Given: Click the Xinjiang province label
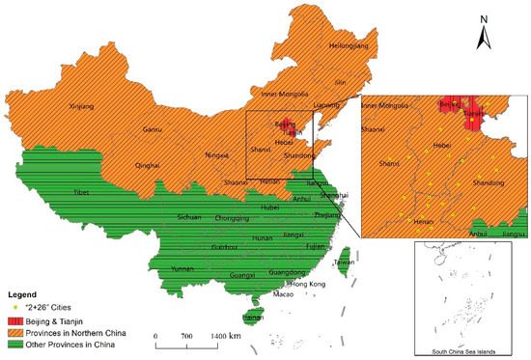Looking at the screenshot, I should pyautogui.click(x=85, y=107).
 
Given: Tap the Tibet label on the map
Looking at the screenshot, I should pyautogui.click(x=84, y=193).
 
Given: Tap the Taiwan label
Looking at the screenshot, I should pyautogui.click(x=343, y=263).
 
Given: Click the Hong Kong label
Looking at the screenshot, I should pyautogui.click(x=303, y=285).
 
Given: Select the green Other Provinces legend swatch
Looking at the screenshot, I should pyautogui.click(x=14, y=342).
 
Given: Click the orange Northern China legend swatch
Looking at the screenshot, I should pyautogui.click(x=14, y=330).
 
